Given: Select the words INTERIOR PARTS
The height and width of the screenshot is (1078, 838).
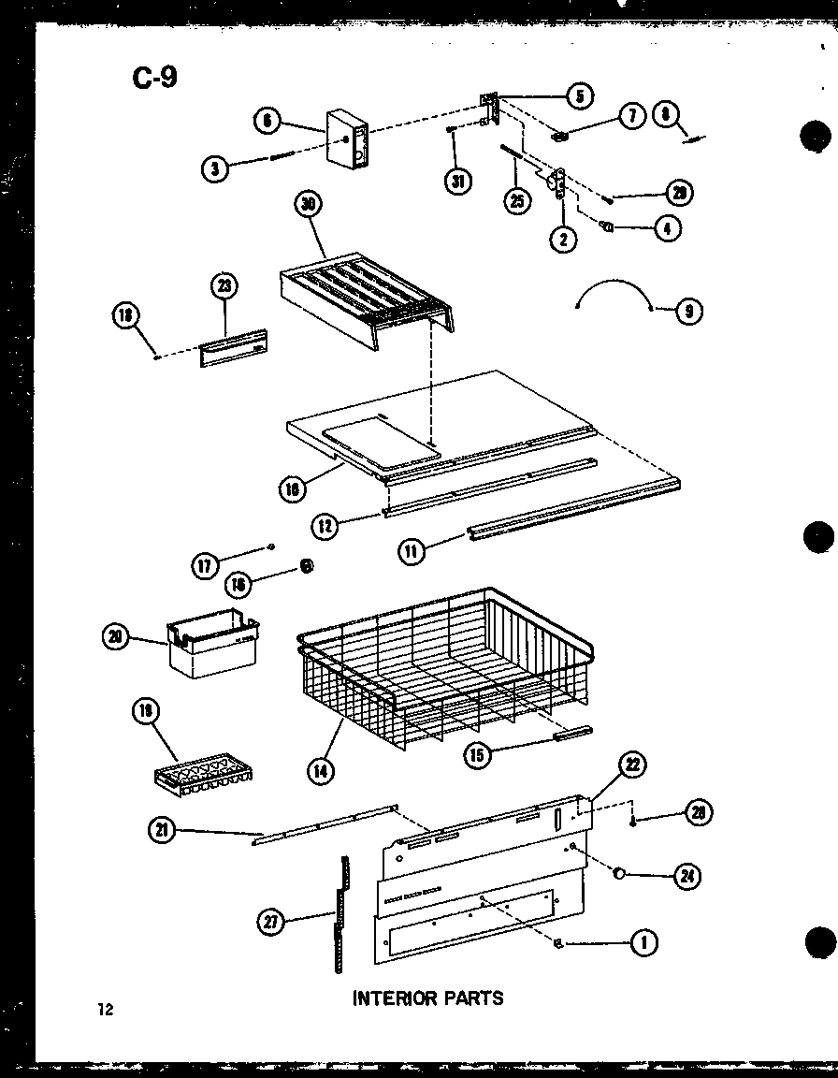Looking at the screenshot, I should point(427,998).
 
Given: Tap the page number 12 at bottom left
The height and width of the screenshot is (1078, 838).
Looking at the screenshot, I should point(104,1009).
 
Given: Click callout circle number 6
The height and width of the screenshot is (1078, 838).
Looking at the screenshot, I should point(267,121).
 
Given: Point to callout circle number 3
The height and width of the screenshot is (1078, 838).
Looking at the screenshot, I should point(216,169).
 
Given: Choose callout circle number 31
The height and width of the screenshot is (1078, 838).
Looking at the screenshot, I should point(457,182).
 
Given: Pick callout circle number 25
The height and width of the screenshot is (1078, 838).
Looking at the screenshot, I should point(515,200).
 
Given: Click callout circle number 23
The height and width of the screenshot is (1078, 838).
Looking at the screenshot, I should point(224,286).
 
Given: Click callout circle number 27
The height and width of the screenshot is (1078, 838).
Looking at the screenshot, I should point(271,923).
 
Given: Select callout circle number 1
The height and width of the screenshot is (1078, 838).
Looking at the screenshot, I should point(643,943).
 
